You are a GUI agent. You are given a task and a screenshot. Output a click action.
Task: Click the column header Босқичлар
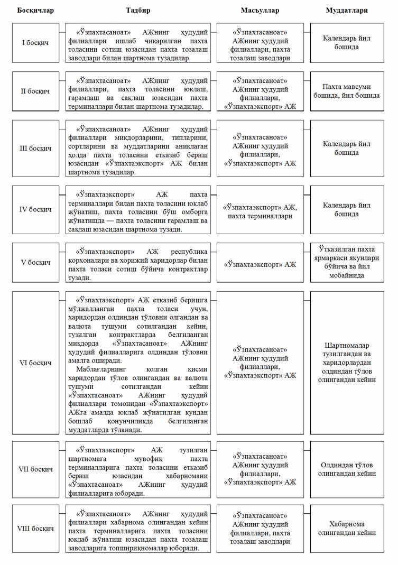pyautogui.click(x=35, y=11)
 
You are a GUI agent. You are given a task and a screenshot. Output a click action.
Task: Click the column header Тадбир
pyautogui.click(x=138, y=11)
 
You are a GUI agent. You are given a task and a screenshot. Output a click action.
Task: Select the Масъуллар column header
pyautogui.click(x=260, y=11)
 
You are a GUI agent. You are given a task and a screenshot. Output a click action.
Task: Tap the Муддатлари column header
pyautogui.click(x=347, y=11)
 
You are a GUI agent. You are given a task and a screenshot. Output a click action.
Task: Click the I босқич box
pyautogui.click(x=35, y=43)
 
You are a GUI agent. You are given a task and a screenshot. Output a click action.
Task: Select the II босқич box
pyautogui.click(x=35, y=91)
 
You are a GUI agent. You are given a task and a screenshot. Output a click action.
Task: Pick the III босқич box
pyautogui.click(x=35, y=149)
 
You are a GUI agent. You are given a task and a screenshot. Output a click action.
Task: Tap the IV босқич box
pyautogui.click(x=35, y=210)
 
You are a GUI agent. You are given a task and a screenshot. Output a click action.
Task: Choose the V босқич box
pyautogui.click(x=35, y=263)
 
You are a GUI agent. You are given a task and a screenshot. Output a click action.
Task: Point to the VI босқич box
pyautogui.click(x=35, y=363)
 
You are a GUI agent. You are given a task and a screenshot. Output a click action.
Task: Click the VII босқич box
pyautogui.click(x=35, y=469)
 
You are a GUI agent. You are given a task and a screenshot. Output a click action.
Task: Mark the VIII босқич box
pyautogui.click(x=35, y=529)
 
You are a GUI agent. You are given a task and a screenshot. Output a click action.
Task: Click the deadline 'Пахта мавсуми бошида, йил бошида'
pyautogui.click(x=347, y=91)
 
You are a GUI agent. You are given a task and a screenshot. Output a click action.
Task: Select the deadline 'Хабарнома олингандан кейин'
pyautogui.click(x=347, y=529)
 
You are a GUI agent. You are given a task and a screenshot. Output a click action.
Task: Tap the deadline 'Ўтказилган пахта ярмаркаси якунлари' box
pyautogui.click(x=347, y=263)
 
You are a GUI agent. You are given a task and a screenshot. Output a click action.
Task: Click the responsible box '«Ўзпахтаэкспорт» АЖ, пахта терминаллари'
pyautogui.click(x=260, y=210)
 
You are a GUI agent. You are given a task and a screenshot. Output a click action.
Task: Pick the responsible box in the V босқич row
pyautogui.click(x=260, y=263)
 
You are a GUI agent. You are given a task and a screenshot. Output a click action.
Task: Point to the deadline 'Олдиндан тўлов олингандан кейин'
pyautogui.click(x=347, y=469)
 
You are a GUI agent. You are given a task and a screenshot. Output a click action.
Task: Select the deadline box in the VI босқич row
pyautogui.click(x=347, y=363)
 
